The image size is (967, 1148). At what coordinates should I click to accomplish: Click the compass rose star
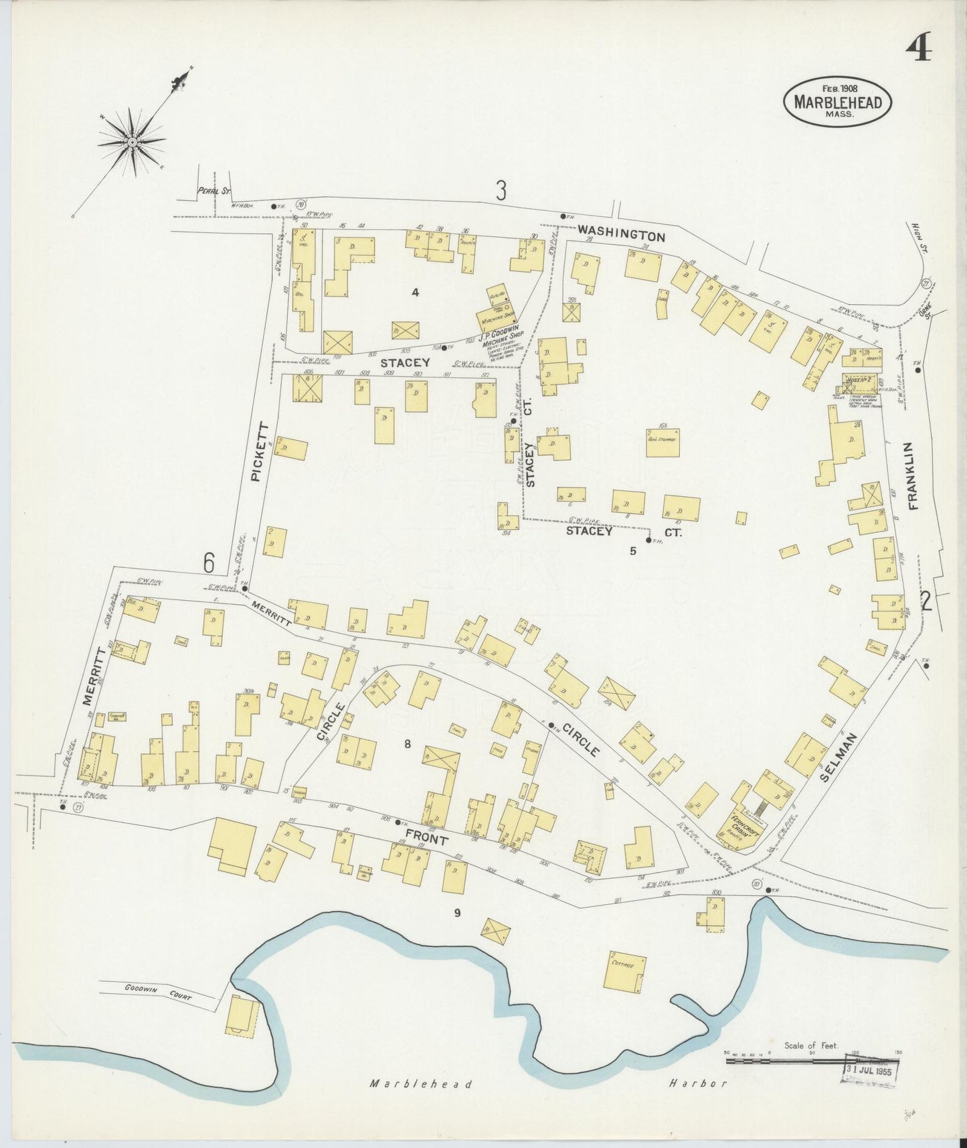(x=132, y=143)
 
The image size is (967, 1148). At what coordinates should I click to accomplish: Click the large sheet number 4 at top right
(x=919, y=47)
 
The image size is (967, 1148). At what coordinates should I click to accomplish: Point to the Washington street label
(x=622, y=235)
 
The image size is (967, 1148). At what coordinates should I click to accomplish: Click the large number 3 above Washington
(x=501, y=192)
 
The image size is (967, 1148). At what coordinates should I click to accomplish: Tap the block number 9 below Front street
(x=458, y=912)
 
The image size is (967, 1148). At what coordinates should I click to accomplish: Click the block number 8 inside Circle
(x=406, y=743)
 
